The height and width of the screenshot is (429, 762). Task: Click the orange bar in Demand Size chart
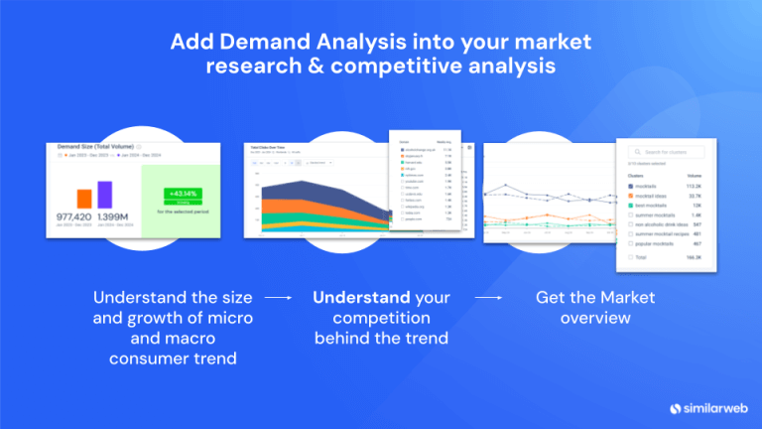(x=84, y=199)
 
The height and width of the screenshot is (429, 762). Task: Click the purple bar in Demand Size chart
(x=105, y=195)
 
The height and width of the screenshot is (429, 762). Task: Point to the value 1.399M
(x=111, y=216)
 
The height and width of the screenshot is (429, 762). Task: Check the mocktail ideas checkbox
(x=631, y=196)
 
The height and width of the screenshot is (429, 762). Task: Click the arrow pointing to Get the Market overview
(x=488, y=297)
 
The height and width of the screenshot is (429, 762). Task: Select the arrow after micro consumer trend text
(x=281, y=297)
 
